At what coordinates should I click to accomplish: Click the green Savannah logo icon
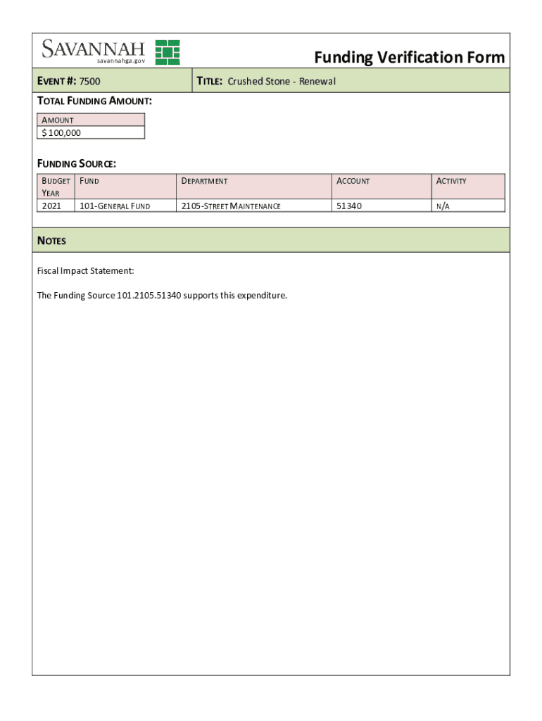[x=168, y=52]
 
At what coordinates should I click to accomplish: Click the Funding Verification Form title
[x=409, y=57]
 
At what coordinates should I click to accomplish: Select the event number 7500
[x=89, y=82]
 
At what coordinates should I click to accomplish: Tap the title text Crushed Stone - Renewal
[x=282, y=82]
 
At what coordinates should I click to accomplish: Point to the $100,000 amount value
[x=61, y=132]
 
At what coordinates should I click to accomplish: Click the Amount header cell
[x=58, y=120]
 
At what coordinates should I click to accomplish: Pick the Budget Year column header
[x=56, y=187]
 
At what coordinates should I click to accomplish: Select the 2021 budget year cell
[x=52, y=206]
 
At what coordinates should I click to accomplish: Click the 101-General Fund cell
[x=118, y=206]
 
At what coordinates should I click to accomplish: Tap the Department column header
[x=205, y=181]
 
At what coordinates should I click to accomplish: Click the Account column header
[x=353, y=181]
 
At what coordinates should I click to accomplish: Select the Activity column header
[x=451, y=181]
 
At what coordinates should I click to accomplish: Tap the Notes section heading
[x=51, y=241]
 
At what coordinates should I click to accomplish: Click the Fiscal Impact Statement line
[x=85, y=271]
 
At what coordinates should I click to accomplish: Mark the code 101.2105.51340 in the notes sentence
[x=144, y=295]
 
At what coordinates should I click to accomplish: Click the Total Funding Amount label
[x=94, y=101]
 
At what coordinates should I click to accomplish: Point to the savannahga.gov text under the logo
[x=120, y=62]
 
